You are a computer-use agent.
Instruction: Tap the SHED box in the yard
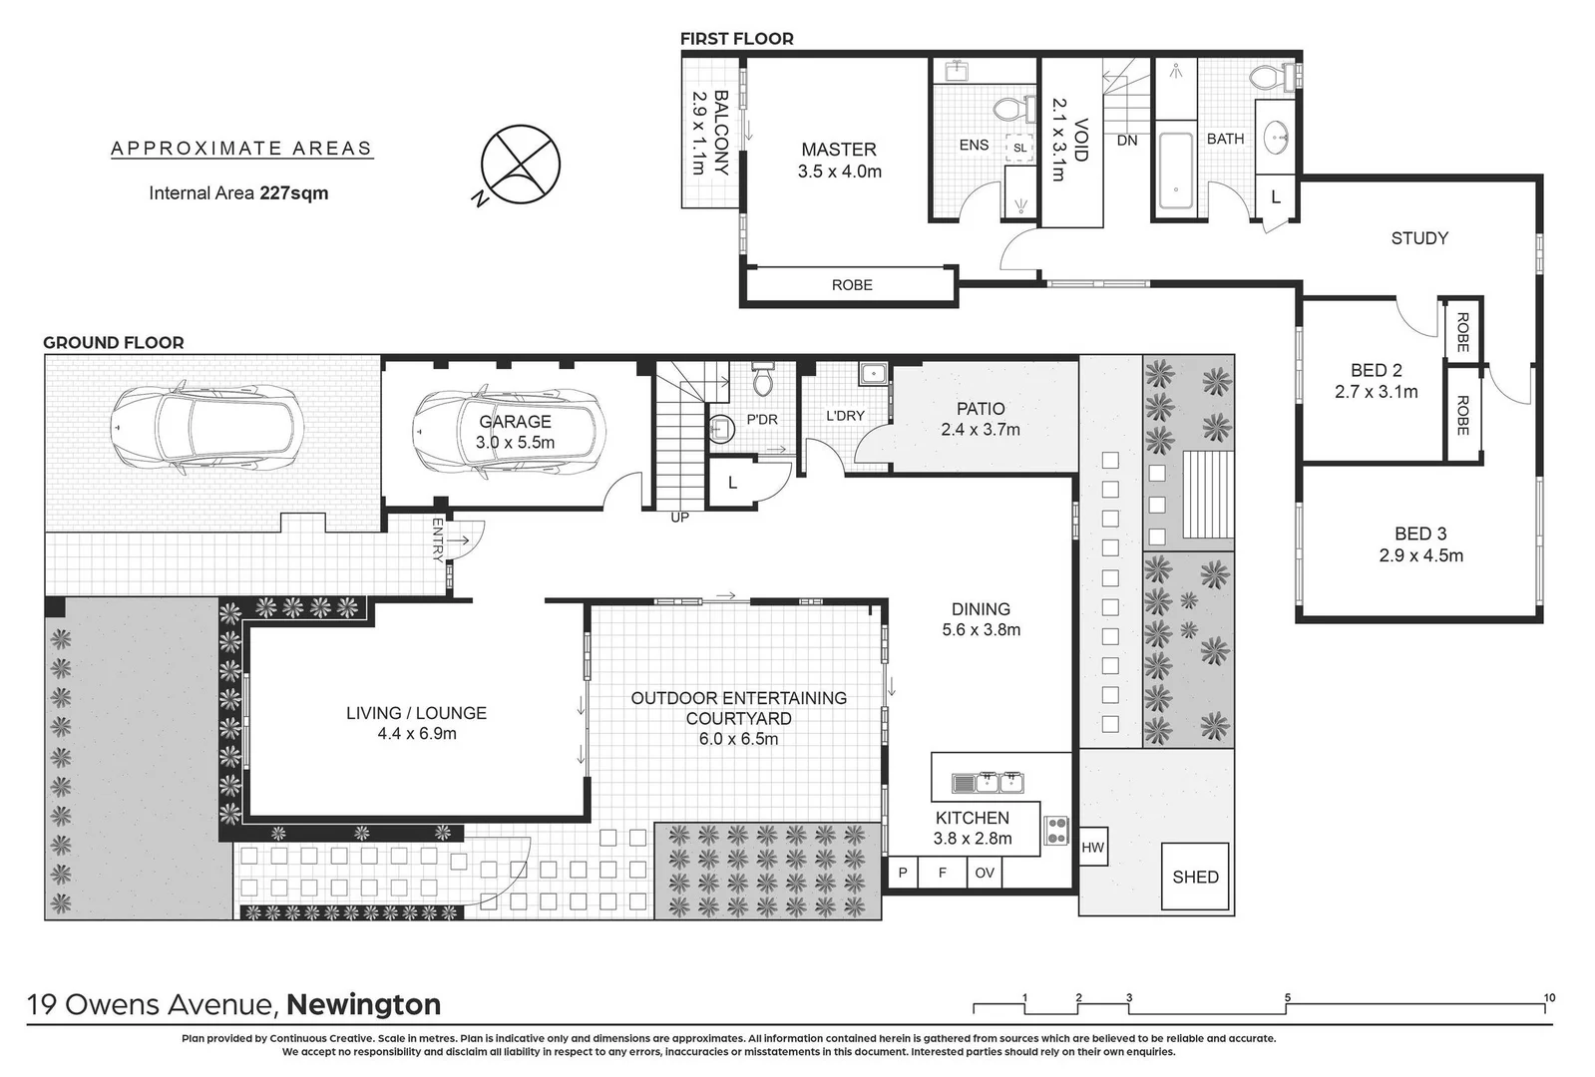1195,877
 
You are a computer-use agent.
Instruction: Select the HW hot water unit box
1092,848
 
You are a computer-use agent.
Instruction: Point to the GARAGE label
515,422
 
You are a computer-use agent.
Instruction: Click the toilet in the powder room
763,380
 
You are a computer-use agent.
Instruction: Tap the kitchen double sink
988,783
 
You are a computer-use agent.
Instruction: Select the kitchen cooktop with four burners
1055,830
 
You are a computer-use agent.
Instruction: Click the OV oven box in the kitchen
985,873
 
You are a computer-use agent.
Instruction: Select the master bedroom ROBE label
852,285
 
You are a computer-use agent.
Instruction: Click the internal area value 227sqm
294,193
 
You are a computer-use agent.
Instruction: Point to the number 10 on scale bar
1548,997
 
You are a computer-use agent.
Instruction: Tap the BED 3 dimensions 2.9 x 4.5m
1420,556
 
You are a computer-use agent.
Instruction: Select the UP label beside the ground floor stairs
679,518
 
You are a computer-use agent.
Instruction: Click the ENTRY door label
437,539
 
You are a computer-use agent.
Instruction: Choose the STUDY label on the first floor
1418,238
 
